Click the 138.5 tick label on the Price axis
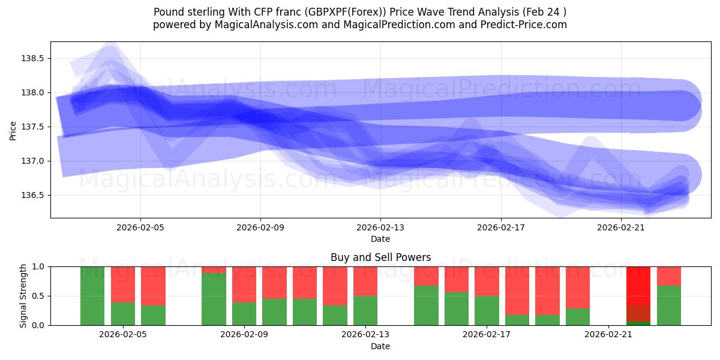[x=32, y=58]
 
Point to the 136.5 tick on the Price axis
[x=32, y=195]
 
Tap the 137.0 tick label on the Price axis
[x=32, y=161]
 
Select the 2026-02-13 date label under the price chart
[x=380, y=228]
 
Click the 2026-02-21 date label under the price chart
[x=620, y=228]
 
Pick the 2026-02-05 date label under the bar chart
[x=123, y=335]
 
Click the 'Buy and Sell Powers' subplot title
[x=380, y=257]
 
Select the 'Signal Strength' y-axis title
[x=23, y=296]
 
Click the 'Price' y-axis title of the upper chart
[x=13, y=130]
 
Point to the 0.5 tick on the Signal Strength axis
[x=38, y=296]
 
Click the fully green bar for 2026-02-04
[x=92, y=296]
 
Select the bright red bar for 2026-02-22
[x=638, y=285]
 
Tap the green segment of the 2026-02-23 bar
[x=669, y=306]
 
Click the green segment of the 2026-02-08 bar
[x=214, y=299]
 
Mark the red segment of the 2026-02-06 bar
[x=153, y=286]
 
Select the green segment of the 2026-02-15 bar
[x=426, y=305]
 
